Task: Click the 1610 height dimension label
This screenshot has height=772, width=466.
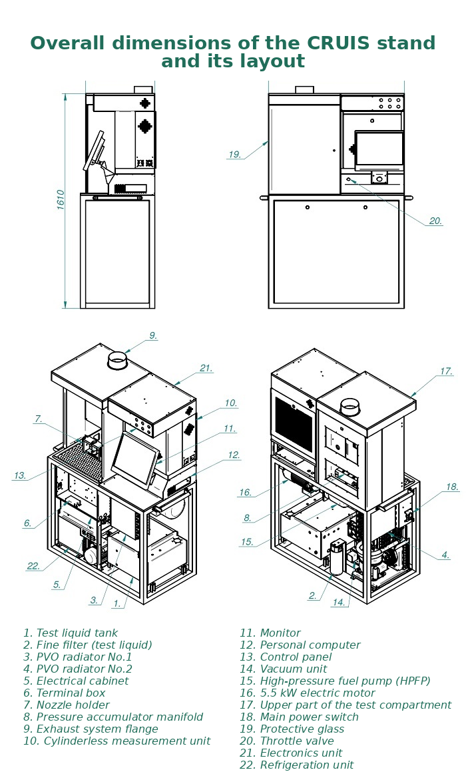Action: [61, 199]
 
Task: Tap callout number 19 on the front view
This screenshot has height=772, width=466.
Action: [234, 155]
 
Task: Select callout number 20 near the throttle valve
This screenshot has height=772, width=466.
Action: [435, 221]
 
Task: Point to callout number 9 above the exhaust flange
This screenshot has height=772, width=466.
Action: [153, 336]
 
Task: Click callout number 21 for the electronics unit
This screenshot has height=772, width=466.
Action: [206, 368]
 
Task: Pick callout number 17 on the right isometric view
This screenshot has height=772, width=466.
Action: [446, 371]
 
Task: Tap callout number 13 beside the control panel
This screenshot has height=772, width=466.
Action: [20, 476]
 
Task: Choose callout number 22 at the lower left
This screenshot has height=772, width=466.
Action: [33, 566]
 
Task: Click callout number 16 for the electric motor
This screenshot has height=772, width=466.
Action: [245, 493]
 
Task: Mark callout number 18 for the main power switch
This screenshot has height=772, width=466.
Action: [452, 487]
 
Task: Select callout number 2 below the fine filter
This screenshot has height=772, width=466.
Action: [312, 596]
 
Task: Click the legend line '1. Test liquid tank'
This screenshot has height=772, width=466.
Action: [71, 633]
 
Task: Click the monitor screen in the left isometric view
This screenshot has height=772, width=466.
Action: [134, 460]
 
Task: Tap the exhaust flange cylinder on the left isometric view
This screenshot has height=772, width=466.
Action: [118, 361]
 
